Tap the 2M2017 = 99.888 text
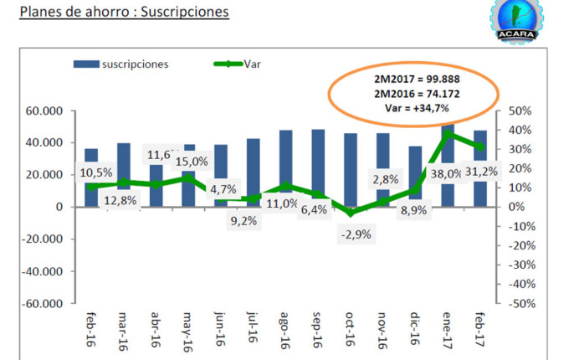click(x=412, y=78)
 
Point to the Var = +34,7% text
click(x=412, y=108)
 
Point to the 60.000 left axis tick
click(x=45, y=111)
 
